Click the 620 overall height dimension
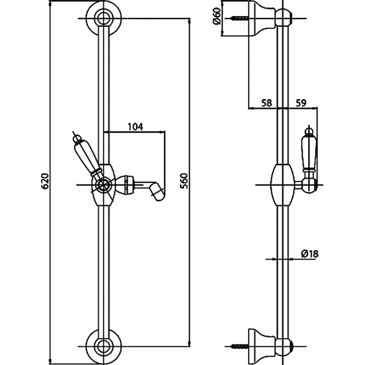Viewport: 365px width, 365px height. tap(45, 181)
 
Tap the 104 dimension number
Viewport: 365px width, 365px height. tap(135, 127)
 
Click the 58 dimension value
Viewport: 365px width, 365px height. tap(266, 103)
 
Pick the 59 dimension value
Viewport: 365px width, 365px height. tap(301, 103)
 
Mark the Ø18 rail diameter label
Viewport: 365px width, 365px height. tap(309, 253)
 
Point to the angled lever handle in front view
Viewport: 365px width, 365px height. tap(87, 159)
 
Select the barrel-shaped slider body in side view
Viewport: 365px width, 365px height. tap(283, 185)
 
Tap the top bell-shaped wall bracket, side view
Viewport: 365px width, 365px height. tap(263, 18)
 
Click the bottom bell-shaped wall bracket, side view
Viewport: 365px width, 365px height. tap(263, 346)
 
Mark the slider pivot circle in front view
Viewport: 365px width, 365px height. tap(103, 185)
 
